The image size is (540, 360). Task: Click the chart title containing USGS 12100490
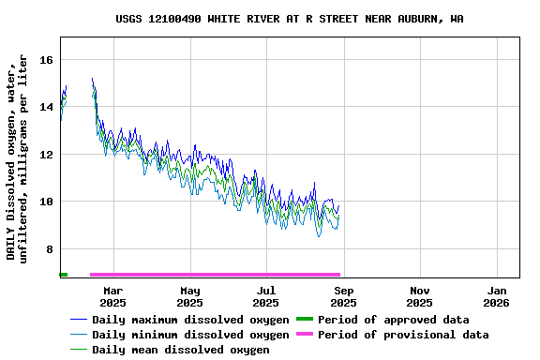(x=289, y=19)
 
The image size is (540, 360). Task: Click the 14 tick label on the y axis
(x=47, y=107)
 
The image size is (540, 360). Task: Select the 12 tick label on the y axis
(x=47, y=155)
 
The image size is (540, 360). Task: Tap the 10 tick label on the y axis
(x=47, y=202)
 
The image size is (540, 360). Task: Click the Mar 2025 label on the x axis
(x=112, y=296)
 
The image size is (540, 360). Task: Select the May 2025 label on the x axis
(x=189, y=296)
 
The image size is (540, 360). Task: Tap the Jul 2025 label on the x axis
(x=266, y=296)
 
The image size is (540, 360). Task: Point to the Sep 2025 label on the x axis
(x=343, y=296)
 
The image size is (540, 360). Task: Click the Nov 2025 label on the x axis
(x=420, y=296)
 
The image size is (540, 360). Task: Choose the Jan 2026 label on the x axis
(x=497, y=296)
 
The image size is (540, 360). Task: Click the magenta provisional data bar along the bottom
(x=215, y=275)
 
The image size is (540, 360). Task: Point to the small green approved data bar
(x=63, y=275)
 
